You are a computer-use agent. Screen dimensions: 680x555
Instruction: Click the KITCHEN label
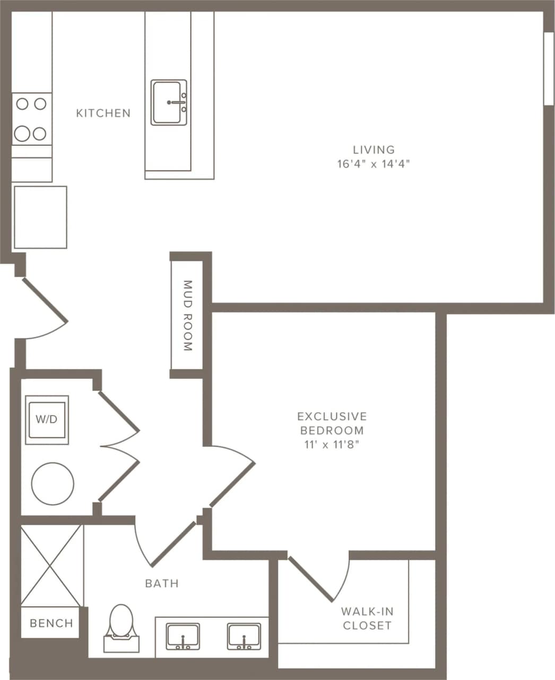point(103,113)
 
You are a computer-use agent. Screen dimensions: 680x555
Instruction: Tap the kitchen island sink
point(169,103)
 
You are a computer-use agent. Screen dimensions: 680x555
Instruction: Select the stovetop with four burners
point(32,118)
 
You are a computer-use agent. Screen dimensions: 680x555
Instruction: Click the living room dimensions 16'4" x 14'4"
point(374,164)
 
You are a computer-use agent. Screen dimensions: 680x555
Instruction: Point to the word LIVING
point(374,150)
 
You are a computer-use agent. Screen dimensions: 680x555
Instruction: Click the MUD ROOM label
point(187,316)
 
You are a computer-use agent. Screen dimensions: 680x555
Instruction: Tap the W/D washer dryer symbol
point(47,420)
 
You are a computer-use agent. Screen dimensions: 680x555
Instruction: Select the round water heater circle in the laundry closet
point(53,484)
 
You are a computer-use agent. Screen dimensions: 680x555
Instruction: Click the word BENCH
point(51,623)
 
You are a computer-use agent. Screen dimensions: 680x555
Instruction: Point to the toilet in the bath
point(121,627)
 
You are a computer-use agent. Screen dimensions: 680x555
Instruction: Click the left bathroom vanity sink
point(183,636)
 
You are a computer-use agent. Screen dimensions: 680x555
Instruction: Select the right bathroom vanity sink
point(244,636)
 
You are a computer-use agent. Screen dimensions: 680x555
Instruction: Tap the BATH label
point(162,583)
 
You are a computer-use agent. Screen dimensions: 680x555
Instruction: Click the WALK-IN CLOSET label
point(367,618)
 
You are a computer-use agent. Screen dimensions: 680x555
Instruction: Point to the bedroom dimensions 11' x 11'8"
point(332,445)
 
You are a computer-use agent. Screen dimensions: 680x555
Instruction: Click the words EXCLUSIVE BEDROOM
point(332,423)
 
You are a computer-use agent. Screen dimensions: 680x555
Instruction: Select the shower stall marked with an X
point(52,565)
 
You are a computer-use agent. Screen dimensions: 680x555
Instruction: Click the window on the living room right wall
point(549,69)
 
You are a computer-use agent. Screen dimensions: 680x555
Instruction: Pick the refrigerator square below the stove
point(40,217)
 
